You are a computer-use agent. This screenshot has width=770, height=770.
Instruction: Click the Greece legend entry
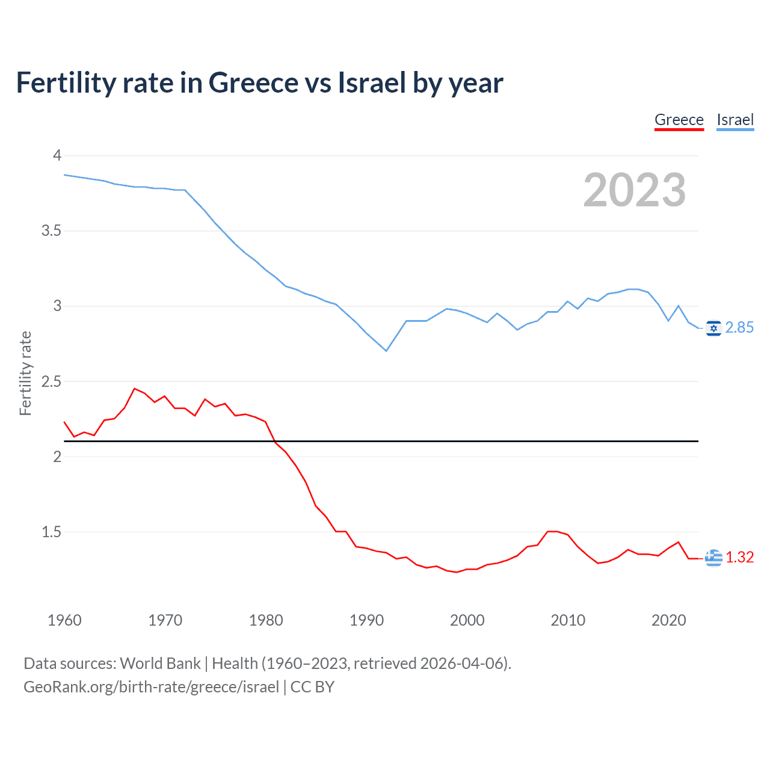pyautogui.click(x=679, y=120)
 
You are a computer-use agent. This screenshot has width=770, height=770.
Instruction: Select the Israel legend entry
pyautogui.click(x=735, y=120)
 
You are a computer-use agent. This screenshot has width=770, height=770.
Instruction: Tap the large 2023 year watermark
pyautogui.click(x=634, y=190)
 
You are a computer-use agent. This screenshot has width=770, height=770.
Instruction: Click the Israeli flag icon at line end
pyautogui.click(x=713, y=328)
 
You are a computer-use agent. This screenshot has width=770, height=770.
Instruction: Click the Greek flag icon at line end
pyautogui.click(x=713, y=558)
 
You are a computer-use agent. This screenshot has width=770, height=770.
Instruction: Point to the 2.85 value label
pyautogui.click(x=739, y=327)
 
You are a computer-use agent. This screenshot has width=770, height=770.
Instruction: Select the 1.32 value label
pyautogui.click(x=739, y=557)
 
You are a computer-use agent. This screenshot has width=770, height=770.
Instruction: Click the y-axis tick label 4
pyautogui.click(x=57, y=156)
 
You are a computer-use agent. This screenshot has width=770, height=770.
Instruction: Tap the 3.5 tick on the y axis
pyautogui.click(x=51, y=231)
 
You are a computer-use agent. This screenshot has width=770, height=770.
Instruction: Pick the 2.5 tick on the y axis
pyautogui.click(x=51, y=381)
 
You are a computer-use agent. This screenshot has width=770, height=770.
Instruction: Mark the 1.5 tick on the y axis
pyautogui.click(x=51, y=532)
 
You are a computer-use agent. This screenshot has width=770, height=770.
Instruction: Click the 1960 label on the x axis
pyautogui.click(x=64, y=620)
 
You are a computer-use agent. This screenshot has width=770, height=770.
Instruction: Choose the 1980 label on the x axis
pyautogui.click(x=266, y=620)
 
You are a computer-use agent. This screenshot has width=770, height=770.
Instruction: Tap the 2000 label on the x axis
pyautogui.click(x=467, y=620)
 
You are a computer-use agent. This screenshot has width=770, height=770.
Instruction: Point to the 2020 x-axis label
pyautogui.click(x=668, y=620)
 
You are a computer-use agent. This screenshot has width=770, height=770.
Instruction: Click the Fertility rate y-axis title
pyautogui.click(x=25, y=373)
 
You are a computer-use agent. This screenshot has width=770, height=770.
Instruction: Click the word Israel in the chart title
pyautogui.click(x=371, y=83)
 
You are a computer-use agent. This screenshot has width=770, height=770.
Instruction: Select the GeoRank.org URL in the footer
pyautogui.click(x=151, y=687)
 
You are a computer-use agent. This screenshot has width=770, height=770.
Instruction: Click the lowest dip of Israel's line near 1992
pyautogui.click(x=386, y=351)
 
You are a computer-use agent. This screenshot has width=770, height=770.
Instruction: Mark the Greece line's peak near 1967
pyautogui.click(x=135, y=389)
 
